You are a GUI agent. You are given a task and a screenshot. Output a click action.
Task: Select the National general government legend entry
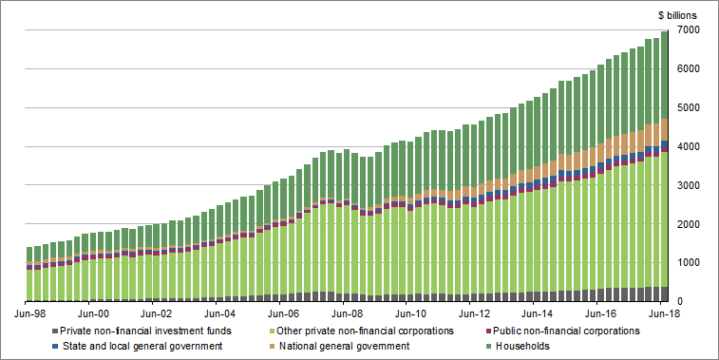coord(362,347)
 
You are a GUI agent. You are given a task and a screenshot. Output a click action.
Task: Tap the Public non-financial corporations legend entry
coord(573,331)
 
